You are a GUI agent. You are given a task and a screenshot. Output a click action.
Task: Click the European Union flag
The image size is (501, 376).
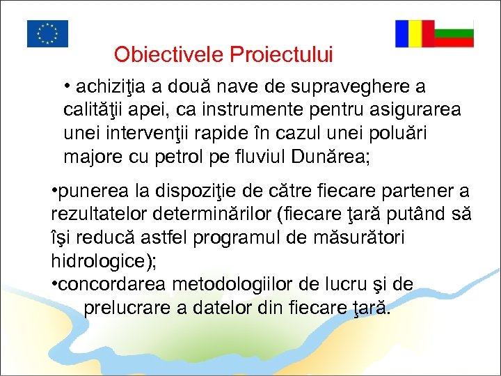point(47,33)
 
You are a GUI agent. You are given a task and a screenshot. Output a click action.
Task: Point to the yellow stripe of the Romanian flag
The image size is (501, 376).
point(415,33)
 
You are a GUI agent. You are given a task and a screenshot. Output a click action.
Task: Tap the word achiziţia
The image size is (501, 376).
point(111,87)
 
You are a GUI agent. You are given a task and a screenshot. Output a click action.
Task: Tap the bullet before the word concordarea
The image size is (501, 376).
point(55,284)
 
